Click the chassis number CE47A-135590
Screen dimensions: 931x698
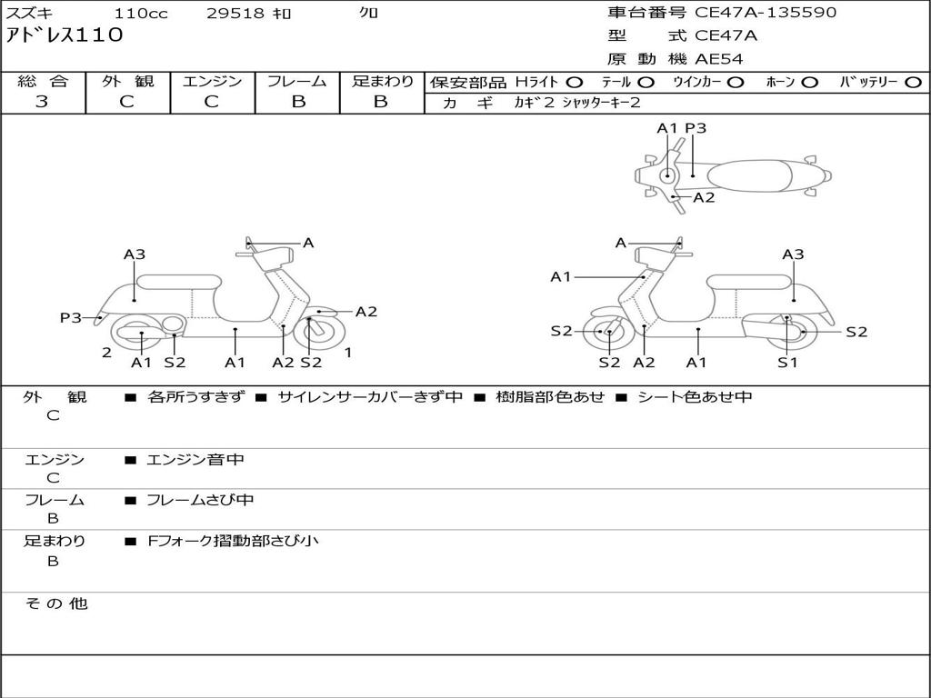766,13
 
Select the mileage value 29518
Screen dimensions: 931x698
235,14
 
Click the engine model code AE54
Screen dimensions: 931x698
719,60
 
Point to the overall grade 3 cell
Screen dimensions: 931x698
42,102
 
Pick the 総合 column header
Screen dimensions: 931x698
43,82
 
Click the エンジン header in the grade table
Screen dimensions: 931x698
212,82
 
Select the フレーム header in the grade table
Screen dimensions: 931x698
297,82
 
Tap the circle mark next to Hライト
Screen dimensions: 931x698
575,83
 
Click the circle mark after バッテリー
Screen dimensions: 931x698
914,83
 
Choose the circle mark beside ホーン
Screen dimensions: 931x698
809,83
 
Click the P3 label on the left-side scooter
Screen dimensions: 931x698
71,318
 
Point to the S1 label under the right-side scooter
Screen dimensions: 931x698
787,363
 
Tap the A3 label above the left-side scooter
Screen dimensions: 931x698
135,255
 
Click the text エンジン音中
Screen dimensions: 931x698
195,460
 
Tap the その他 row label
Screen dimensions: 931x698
55,603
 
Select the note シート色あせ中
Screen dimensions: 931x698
695,397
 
